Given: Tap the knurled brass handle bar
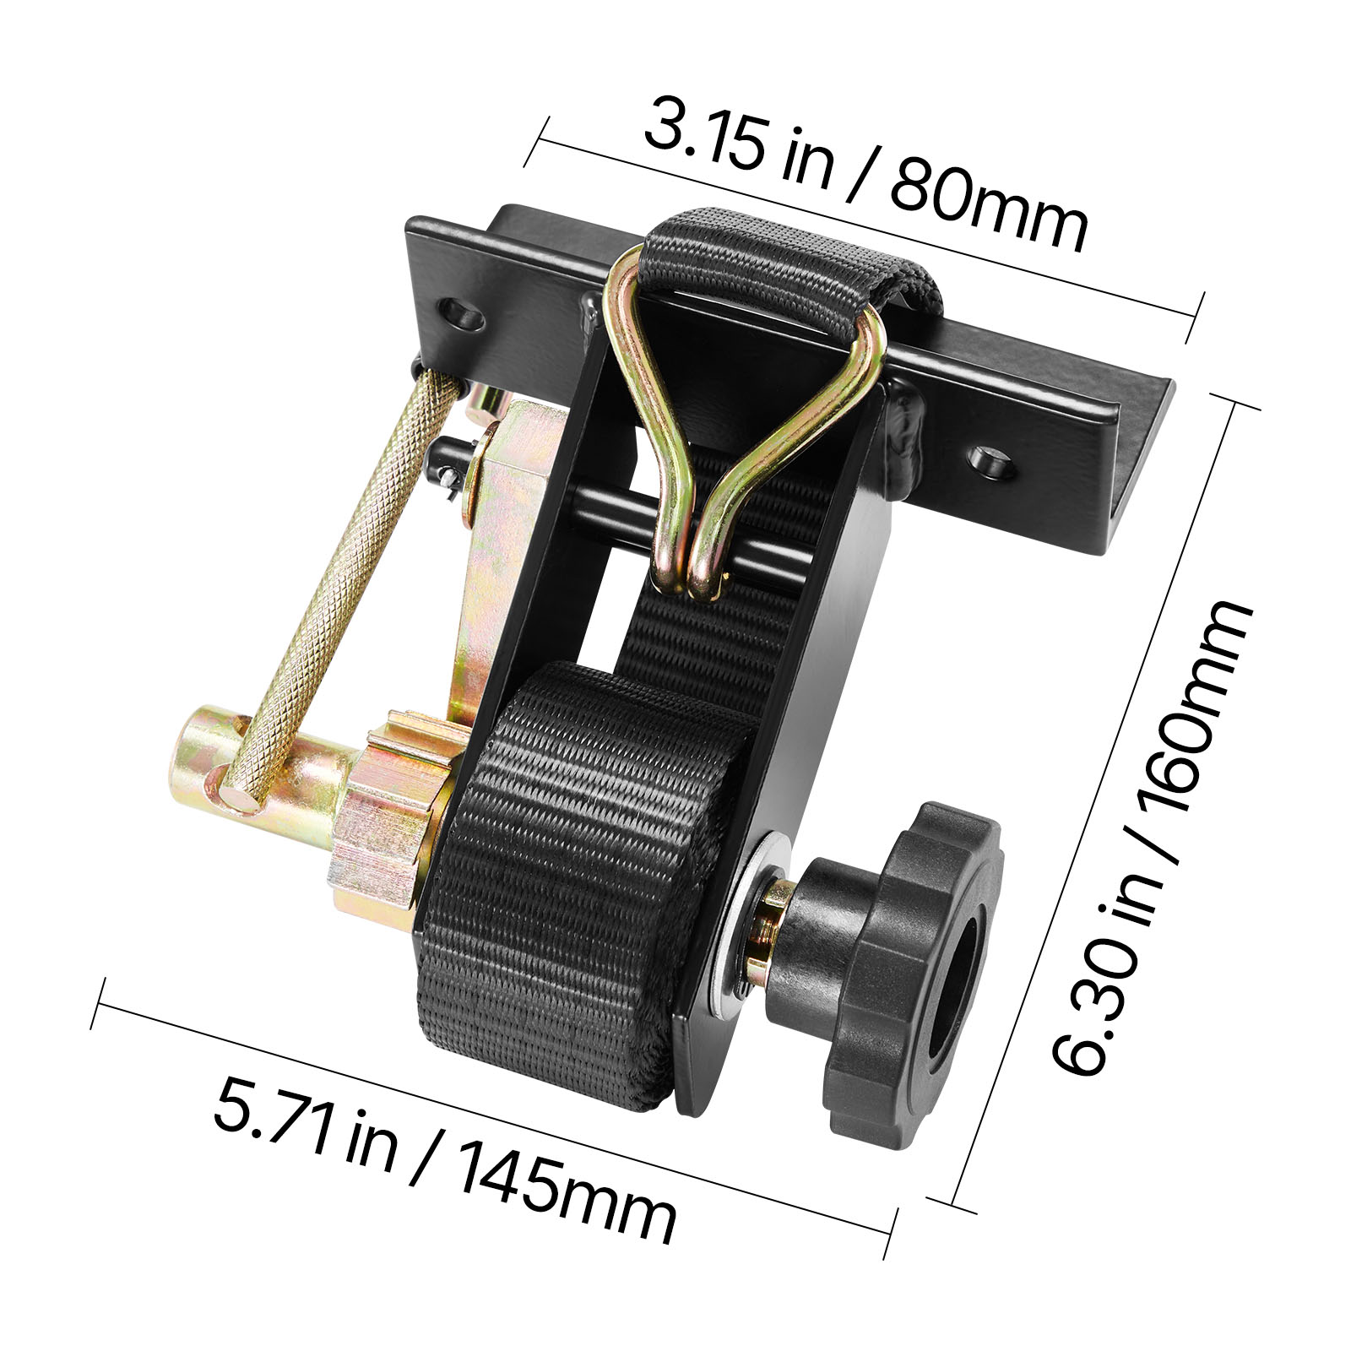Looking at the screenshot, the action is [x=338, y=583].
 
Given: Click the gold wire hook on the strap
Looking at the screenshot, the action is [x=743, y=422].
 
